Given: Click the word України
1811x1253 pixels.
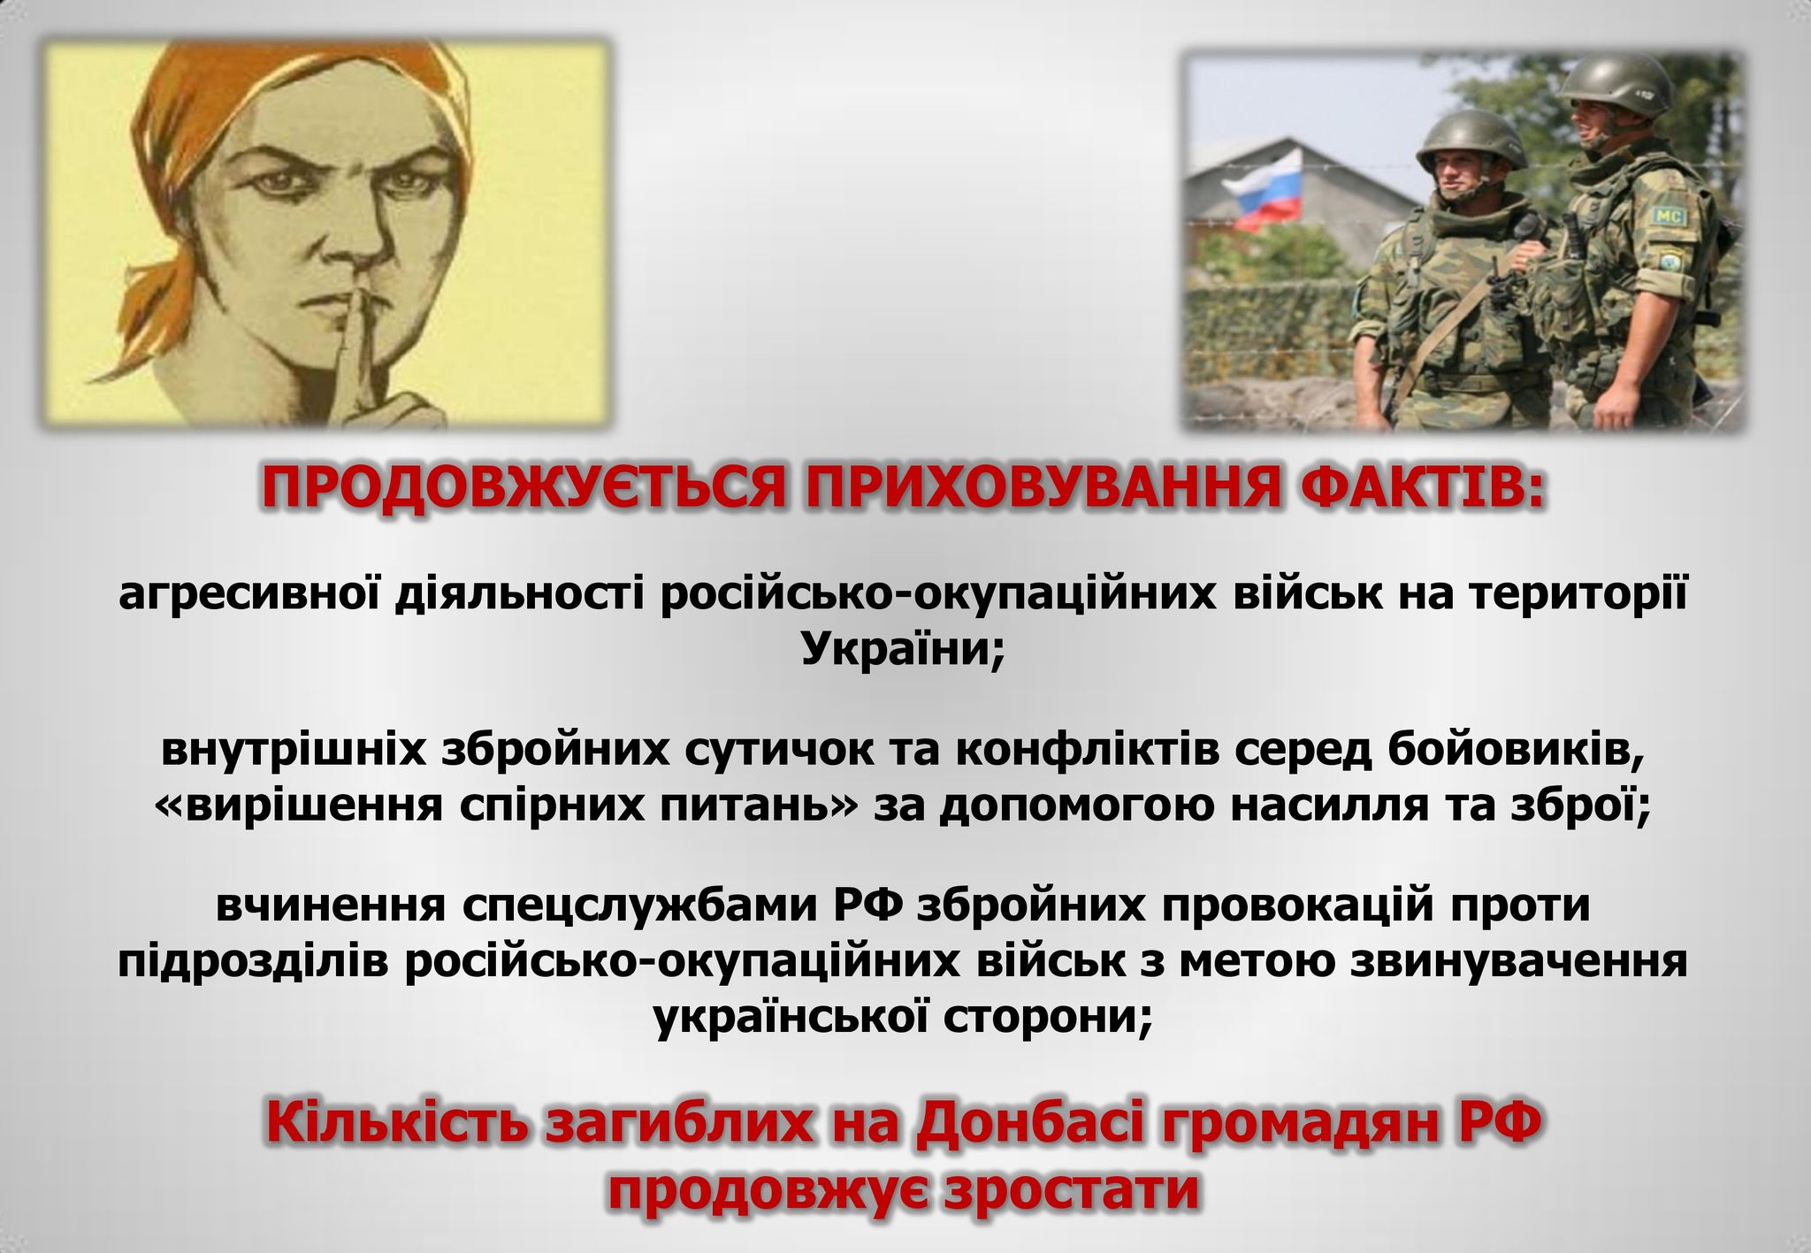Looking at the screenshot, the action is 903,650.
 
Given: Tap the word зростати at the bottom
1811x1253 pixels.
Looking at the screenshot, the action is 1071,1189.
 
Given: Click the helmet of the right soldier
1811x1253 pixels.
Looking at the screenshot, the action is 1614,84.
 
